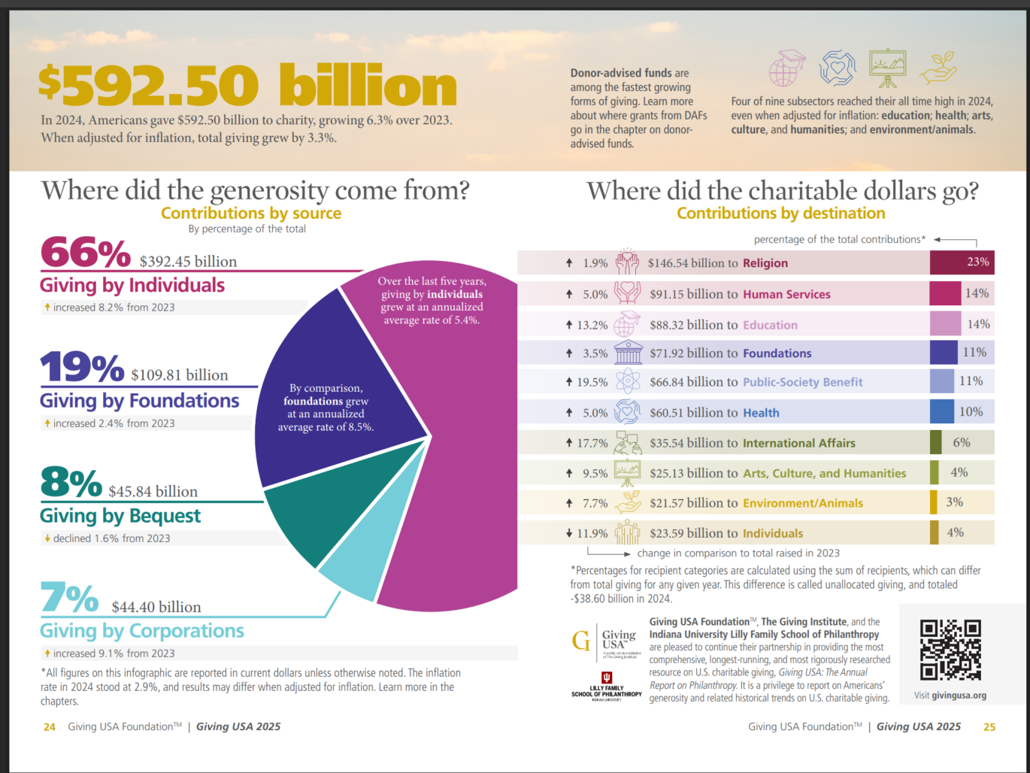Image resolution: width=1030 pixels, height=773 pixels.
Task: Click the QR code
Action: point(950,650)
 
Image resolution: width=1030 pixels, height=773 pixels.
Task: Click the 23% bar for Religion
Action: point(962,262)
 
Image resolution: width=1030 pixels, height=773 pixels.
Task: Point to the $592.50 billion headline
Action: point(247,85)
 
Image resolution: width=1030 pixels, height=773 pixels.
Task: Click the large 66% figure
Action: point(85,253)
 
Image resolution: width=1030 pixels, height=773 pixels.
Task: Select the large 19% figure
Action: point(81,368)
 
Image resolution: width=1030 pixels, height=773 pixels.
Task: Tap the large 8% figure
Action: point(71,484)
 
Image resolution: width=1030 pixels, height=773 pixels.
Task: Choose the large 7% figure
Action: point(69,599)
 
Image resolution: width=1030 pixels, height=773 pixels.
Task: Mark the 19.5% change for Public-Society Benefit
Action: point(592,382)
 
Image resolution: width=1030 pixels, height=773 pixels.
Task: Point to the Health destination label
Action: point(761,413)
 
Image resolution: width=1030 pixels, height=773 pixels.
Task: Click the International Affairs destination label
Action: point(798,443)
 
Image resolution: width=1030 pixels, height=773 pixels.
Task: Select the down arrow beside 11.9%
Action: point(569,533)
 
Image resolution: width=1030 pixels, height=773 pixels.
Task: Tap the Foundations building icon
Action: point(628,352)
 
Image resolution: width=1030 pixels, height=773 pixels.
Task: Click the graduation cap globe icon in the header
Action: point(787,68)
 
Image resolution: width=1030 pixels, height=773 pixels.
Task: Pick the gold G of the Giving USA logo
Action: point(580,641)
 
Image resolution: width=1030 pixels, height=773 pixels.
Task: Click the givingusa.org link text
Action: point(959,696)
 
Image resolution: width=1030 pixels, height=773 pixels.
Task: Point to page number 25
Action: point(989,726)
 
